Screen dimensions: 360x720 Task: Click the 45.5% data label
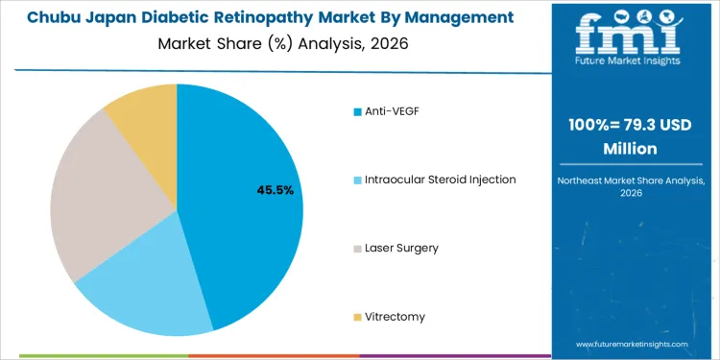275,190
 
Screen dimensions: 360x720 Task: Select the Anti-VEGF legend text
392,111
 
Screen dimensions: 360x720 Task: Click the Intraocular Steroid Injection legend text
440,180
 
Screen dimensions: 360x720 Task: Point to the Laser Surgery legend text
401,248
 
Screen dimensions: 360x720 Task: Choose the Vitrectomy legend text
395,316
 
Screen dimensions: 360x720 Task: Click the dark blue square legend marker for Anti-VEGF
358,112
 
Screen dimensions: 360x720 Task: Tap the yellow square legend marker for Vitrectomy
358,317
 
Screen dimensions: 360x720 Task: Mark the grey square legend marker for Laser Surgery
358,249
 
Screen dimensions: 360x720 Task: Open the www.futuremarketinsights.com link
633,343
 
